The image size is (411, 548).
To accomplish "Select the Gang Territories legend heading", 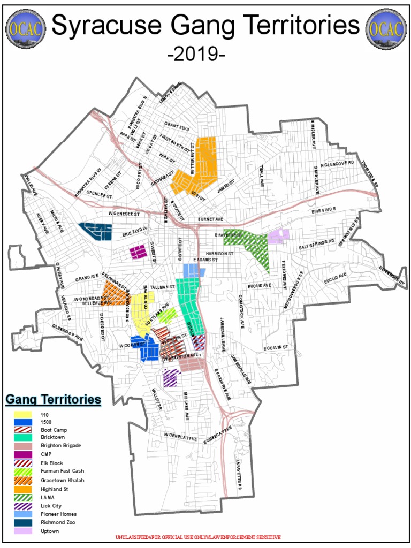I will point(53,399).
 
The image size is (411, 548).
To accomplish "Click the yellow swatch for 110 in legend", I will point(24,414).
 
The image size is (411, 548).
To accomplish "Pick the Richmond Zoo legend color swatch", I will point(24,522).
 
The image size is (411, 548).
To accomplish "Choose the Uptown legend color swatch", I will point(24,531).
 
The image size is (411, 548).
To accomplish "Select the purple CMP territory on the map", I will point(138,252).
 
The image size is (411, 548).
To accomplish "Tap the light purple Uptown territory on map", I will point(279,235).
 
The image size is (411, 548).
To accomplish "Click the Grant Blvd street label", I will point(177,127).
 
